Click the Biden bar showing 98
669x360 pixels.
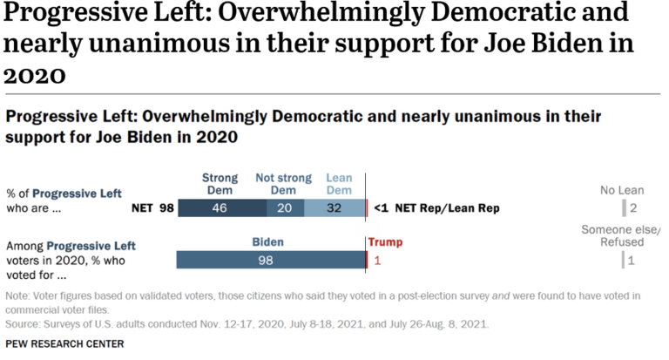click(271, 260)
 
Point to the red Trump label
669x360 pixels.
click(386, 242)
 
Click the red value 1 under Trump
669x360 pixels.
click(377, 260)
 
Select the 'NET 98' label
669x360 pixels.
click(152, 209)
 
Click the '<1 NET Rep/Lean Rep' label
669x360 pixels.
click(436, 209)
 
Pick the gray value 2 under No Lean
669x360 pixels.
click(632, 209)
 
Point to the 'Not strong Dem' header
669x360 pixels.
click(284, 184)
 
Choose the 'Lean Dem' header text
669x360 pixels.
click(339, 184)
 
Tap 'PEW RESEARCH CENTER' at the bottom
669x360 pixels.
click(64, 343)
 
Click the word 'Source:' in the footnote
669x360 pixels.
click(25, 323)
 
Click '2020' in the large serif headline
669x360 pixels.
click(35, 76)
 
